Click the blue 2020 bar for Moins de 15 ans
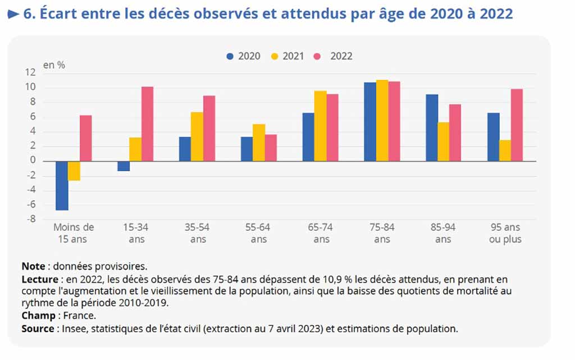tap(62, 185)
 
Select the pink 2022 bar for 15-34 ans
tap(148, 124)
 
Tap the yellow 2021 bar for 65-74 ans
tap(320, 126)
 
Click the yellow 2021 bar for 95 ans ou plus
tap(505, 151)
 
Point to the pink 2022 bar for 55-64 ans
tap(270, 148)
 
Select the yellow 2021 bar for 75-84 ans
tap(382, 120)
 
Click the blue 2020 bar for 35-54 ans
tap(185, 149)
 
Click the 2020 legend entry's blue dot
tap(230, 56)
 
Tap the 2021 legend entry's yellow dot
tap(275, 56)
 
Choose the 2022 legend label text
tap(341, 56)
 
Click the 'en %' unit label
tap(54, 65)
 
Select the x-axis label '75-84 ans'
tap(382, 233)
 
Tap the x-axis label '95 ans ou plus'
tap(505, 233)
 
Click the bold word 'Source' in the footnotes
tap(36, 329)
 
